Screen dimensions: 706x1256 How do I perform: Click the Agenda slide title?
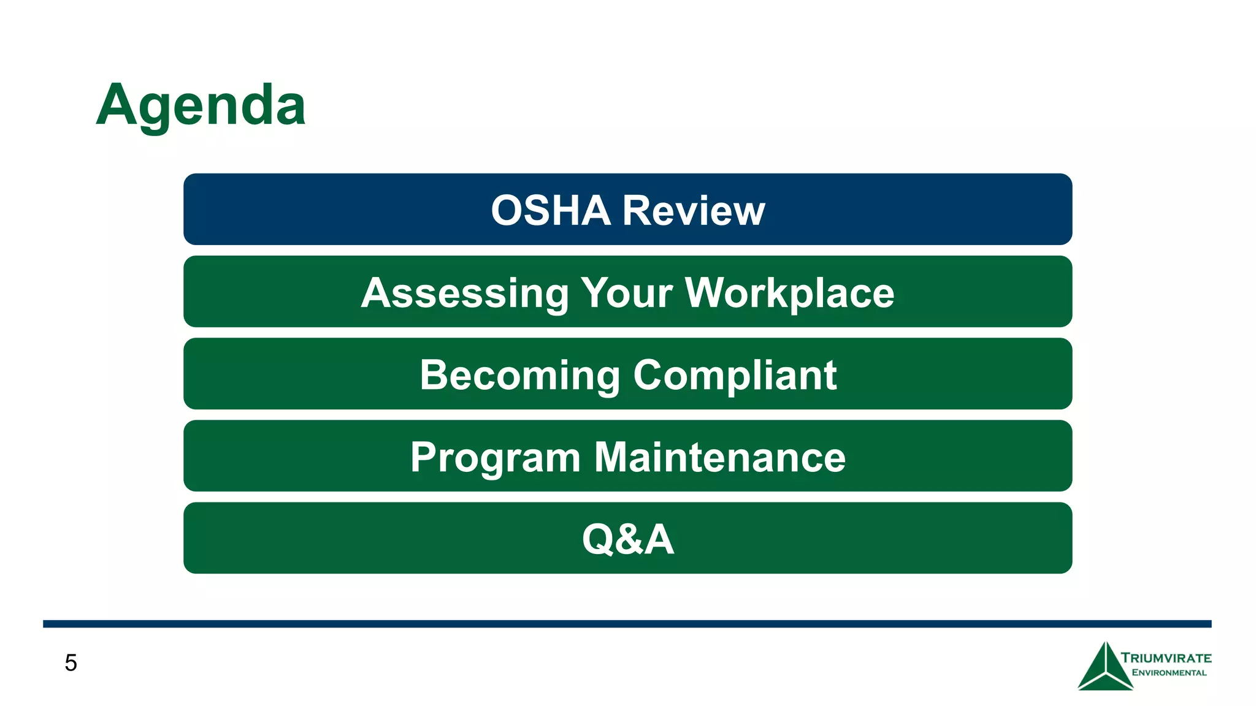201,105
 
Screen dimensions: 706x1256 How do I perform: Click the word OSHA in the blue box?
550,210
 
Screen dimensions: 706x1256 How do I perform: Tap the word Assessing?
465,293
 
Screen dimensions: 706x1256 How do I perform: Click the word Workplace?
789,293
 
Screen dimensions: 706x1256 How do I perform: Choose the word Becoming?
519,375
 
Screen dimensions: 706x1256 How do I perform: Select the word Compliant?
735,375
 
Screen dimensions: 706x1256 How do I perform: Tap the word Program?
495,457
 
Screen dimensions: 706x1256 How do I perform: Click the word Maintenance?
720,457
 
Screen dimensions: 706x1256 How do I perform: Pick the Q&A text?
627,539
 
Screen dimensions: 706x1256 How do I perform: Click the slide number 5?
71,663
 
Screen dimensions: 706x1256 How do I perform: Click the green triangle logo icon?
1105,668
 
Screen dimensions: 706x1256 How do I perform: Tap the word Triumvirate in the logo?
1166,658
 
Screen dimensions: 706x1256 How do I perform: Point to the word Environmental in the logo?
1169,673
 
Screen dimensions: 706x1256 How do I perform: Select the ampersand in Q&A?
628,539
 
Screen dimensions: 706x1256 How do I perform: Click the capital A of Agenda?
117,105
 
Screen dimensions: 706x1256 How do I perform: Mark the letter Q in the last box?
598,539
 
